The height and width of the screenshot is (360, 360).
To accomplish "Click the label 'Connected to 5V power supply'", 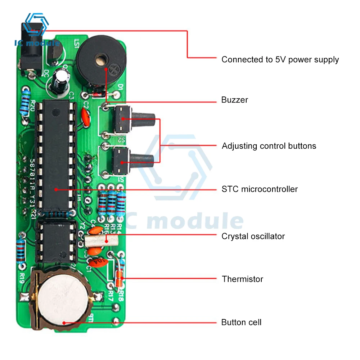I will click(x=280, y=59).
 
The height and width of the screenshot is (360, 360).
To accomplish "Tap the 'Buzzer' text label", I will click(x=235, y=100).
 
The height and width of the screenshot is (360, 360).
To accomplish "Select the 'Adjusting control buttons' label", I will click(x=269, y=146).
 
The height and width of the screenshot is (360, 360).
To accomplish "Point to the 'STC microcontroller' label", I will click(x=260, y=189).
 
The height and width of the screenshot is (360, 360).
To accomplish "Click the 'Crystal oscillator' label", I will click(x=253, y=236).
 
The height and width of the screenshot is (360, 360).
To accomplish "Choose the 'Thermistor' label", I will click(x=242, y=279).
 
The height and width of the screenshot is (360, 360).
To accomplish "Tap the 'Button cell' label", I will click(x=241, y=322).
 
